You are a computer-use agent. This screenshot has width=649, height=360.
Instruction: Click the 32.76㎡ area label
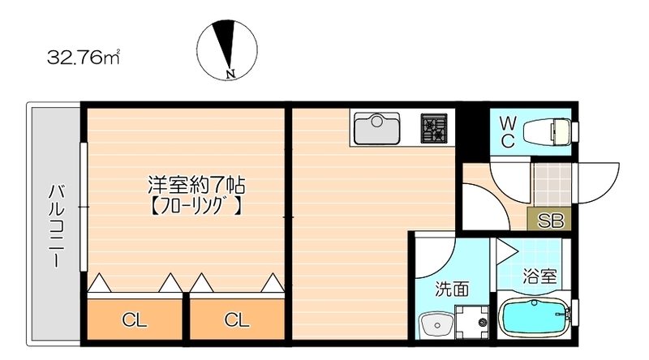coord(84,58)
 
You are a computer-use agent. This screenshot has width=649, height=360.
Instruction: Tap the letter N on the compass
coord(231,74)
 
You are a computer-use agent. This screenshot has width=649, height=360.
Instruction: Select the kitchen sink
coord(376,127)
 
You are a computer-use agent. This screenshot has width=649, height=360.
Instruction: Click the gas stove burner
coord(434,128)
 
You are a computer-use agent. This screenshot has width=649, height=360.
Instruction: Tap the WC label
coord(508,132)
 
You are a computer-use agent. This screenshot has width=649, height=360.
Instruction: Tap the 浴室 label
coord(539,276)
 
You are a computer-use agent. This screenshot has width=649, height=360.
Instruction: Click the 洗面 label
coord(452,289)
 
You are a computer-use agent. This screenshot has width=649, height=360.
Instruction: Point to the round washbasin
coord(436,325)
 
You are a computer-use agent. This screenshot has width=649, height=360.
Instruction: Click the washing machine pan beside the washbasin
coord(472,322)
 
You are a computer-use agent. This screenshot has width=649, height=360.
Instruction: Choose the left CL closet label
coord(134,319)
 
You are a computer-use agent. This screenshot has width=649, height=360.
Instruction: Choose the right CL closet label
coord(237,319)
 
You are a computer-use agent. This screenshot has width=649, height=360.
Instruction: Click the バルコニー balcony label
coord(57,225)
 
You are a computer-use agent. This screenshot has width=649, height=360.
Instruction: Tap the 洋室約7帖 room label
coord(196,186)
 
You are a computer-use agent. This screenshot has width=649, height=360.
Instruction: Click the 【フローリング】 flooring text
coord(195,207)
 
